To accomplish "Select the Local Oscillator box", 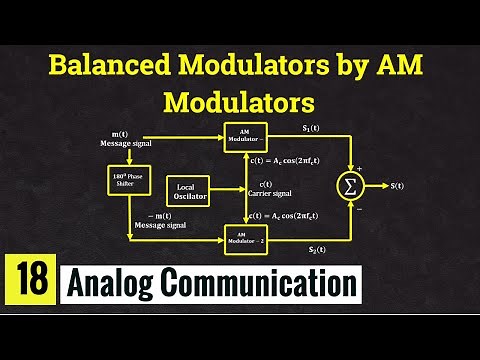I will [188, 190].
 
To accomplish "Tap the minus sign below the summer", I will [358, 208].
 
